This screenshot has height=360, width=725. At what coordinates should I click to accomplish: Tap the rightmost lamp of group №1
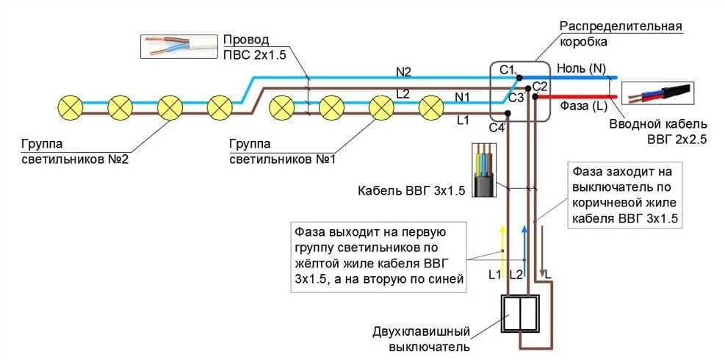pos(431,108)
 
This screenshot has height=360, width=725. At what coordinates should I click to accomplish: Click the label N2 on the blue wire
pos(404,71)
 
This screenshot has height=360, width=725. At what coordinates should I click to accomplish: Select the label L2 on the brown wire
pos(403,94)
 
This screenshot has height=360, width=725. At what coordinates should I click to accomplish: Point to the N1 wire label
pos(463,96)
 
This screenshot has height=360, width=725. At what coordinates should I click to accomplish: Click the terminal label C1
pos(507,70)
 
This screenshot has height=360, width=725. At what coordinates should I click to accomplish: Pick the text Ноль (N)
pos(581,68)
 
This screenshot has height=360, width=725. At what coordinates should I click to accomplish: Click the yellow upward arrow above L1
pos(502,246)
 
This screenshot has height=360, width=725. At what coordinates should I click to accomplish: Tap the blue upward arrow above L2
pos(524,246)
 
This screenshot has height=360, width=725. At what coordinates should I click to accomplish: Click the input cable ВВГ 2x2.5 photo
pos(657,94)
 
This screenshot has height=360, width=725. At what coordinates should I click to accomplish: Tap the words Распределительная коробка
pos(621,34)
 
